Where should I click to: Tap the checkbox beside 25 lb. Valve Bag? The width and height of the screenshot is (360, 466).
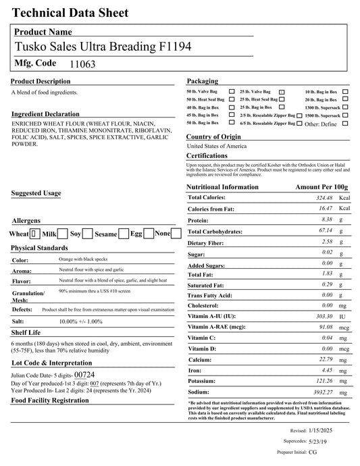pyautogui.click(x=282, y=91)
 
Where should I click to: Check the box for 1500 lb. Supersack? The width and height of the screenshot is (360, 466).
pyautogui.click(x=345, y=115)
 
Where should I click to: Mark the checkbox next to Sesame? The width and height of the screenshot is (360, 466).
pyautogui.click(x=124, y=234)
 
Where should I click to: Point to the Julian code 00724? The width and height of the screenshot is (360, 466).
pyautogui.click(x=84, y=373)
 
